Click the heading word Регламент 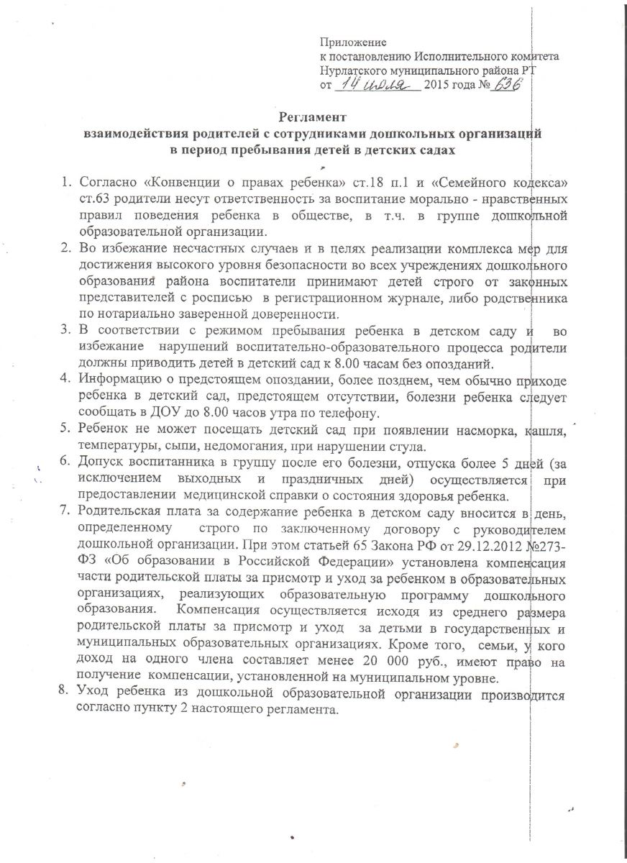[x=313, y=117]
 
